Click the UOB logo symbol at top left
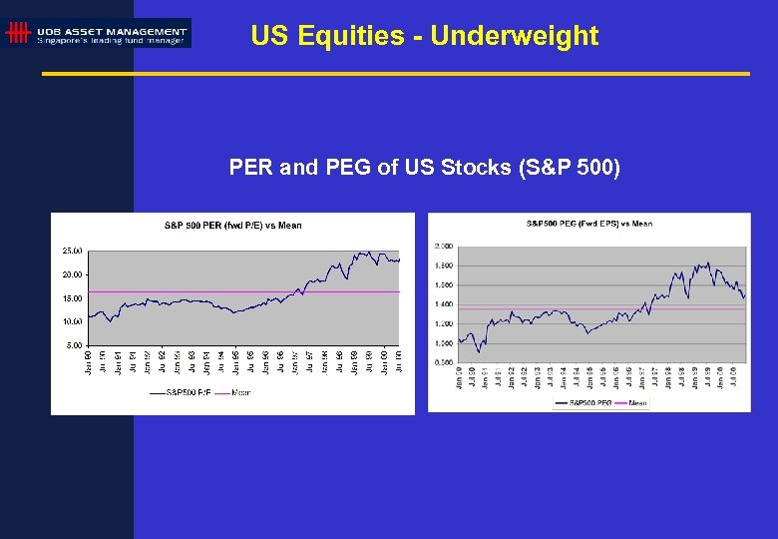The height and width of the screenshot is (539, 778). pyautogui.click(x=17, y=33)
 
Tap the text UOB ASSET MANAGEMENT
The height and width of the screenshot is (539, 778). pyautogui.click(x=112, y=30)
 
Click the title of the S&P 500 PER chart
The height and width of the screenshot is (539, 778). pyautogui.click(x=232, y=226)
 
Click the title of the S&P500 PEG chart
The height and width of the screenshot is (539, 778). pyautogui.click(x=588, y=224)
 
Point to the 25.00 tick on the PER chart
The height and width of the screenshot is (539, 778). pyautogui.click(x=72, y=250)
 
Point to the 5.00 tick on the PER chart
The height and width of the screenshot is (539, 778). pyautogui.click(x=74, y=345)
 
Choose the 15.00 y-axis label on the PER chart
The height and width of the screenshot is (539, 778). pyautogui.click(x=72, y=297)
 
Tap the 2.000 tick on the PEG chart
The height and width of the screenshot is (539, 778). pyautogui.click(x=444, y=246)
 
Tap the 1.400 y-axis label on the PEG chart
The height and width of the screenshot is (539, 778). pyautogui.click(x=444, y=304)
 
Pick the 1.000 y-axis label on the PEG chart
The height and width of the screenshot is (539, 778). pyautogui.click(x=444, y=343)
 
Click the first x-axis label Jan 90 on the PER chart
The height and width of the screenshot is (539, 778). pyautogui.click(x=87, y=362)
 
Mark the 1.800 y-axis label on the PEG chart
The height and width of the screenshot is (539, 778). pyautogui.click(x=444, y=266)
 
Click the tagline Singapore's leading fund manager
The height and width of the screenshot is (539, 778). pyautogui.click(x=112, y=41)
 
